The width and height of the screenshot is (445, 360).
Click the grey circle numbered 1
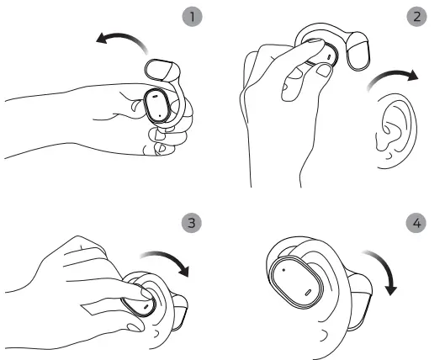pos(192,17)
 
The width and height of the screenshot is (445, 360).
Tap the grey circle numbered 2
pos(416,17)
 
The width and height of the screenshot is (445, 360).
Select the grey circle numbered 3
pos(192,223)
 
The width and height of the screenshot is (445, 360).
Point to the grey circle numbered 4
pos(416,223)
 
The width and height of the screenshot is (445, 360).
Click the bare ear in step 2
pos(396,131)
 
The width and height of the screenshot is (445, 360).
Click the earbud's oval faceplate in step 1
pos(157,106)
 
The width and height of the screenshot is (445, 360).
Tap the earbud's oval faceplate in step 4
pos(296,282)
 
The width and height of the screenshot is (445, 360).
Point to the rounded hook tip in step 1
pos(162,70)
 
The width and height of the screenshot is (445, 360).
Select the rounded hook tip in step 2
pos(358,51)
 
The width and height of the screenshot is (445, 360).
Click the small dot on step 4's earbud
pos(283,270)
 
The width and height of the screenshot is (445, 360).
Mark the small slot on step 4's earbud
pos(308,293)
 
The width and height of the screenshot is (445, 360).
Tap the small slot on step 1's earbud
pos(155,96)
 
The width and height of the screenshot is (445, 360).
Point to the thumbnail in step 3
pos(135,328)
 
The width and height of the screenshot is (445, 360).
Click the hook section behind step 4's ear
pos(360,301)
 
